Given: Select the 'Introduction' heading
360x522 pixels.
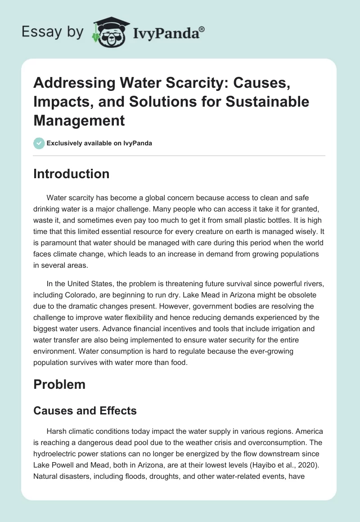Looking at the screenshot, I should [71, 174].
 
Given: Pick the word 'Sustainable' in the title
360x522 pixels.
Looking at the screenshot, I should [271, 102].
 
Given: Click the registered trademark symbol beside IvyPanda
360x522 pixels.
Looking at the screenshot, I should [202, 29].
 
